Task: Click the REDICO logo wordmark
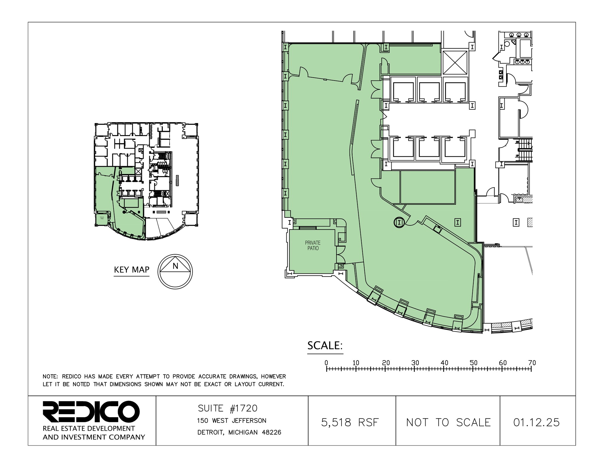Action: point(91,412)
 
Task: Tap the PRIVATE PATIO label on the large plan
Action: point(313,245)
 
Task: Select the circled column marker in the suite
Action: point(399,222)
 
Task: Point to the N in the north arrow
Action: point(175,266)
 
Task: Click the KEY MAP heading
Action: point(132,270)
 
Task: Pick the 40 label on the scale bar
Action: point(444,363)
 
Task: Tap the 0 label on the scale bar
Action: point(326,363)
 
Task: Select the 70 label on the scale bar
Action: point(532,363)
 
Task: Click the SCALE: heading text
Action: point(325,345)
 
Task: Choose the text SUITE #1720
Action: point(227,408)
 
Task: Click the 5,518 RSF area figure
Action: point(350,423)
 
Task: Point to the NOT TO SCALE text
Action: point(448,423)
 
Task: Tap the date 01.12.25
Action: point(536,423)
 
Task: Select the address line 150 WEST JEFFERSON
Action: point(232,421)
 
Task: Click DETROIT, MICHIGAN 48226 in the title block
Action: point(239,432)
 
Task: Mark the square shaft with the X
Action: point(455,63)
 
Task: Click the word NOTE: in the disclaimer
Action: point(51,377)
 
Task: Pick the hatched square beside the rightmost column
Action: point(530,222)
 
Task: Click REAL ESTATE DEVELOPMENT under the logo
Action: point(89,428)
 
